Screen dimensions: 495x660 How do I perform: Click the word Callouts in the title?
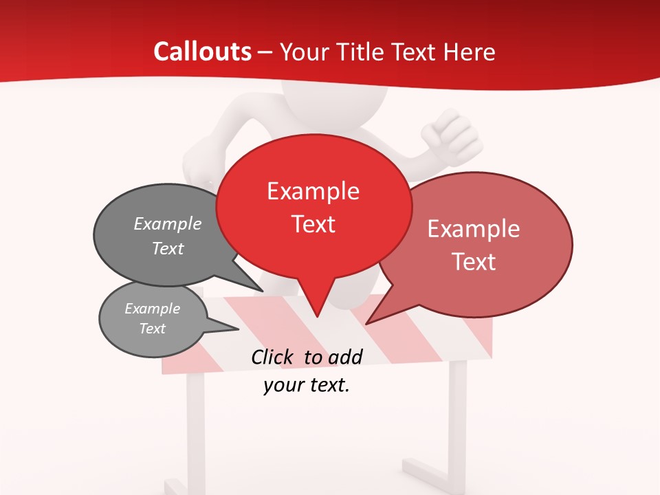coord(202,52)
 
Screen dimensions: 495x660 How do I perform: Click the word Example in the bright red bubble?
coord(313,191)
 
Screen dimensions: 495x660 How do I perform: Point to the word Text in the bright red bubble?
coord(313,224)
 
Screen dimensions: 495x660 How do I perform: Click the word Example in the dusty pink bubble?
coord(474,229)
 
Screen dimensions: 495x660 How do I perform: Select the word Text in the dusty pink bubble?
coord(474,262)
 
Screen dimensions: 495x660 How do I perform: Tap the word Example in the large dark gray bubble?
coord(168,224)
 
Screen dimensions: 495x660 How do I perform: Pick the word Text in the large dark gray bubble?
coord(168,249)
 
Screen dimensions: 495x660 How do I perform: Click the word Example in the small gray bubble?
coord(153,309)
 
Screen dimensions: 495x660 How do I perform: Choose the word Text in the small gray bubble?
coord(153,329)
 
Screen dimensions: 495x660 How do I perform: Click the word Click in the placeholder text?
coord(274,357)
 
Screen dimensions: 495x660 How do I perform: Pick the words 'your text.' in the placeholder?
coord(307,386)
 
